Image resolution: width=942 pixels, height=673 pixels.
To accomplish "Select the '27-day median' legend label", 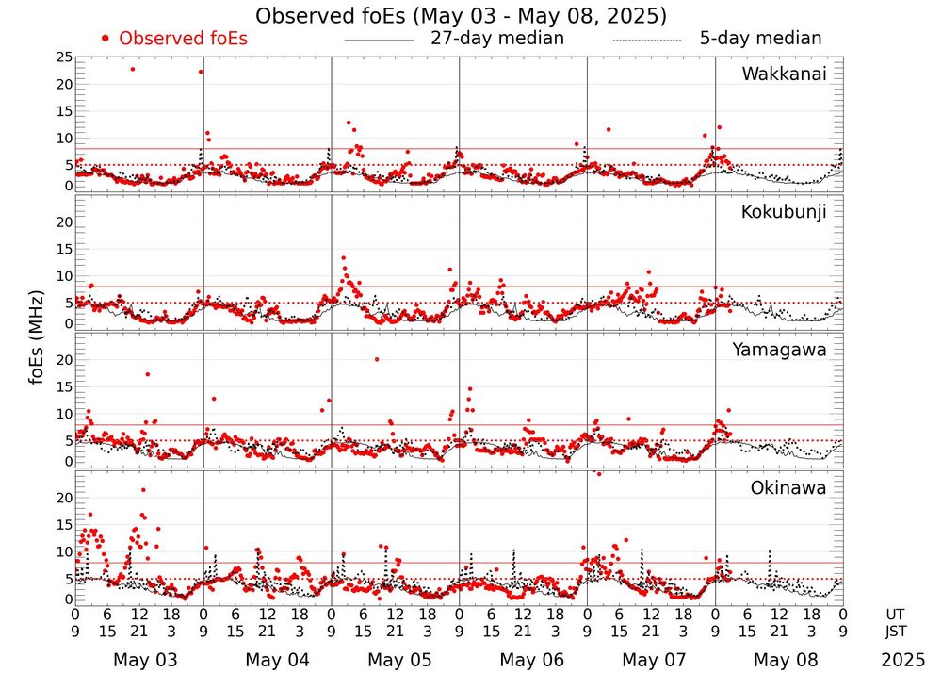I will coord(496,39).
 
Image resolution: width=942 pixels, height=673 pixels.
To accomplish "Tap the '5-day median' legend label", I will coord(760,39).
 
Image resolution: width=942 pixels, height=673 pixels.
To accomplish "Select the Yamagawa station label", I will coord(779,350).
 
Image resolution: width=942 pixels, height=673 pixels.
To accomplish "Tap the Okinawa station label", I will coord(788,488).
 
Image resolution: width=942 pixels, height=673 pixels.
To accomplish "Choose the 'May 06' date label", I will coord(532,660).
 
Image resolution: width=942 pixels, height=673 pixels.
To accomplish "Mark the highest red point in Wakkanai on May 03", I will coord(133,69).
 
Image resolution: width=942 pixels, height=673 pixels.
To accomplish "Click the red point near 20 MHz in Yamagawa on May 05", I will coord(377,359).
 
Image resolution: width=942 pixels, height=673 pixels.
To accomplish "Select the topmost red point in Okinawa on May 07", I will coord(598,473).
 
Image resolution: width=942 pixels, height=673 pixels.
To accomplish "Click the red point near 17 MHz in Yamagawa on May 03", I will coord(148,374).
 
